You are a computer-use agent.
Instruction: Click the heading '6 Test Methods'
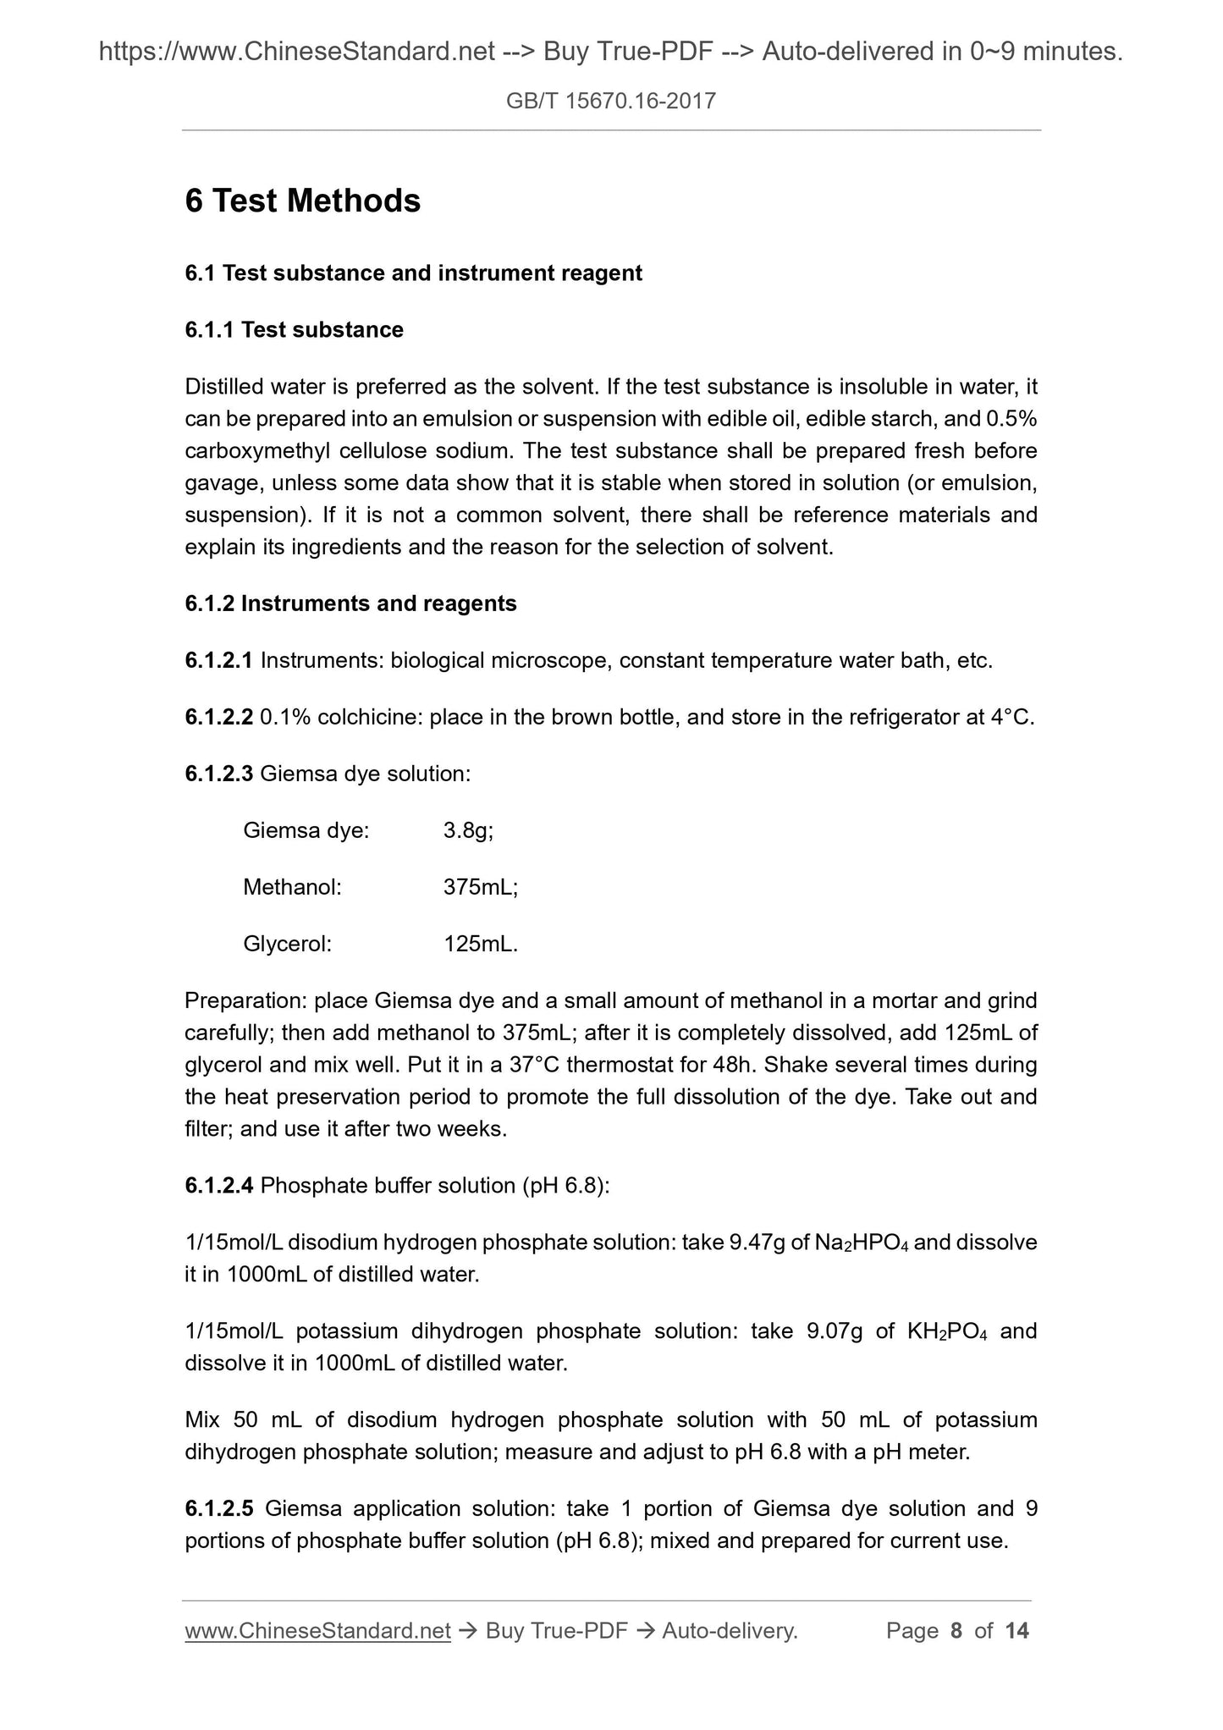pos(302,201)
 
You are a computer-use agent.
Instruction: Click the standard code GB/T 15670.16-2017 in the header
pos(610,102)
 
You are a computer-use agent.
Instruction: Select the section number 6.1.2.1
pos(218,660)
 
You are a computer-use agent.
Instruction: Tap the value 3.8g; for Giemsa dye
pos(468,830)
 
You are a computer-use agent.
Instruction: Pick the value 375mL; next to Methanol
pos(480,887)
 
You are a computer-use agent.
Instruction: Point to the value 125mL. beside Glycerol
pos(480,944)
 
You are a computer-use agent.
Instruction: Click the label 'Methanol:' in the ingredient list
pos(292,887)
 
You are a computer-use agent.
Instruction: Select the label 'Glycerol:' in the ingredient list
pos(287,944)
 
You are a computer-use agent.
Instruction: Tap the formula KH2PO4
pos(947,1331)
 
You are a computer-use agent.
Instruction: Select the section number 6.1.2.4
pos(218,1186)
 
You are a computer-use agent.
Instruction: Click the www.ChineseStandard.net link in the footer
pos(317,1631)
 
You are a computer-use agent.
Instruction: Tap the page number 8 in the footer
pos(956,1631)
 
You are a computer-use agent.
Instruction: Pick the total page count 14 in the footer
pos(1016,1631)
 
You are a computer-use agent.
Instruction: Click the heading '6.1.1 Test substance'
pos(294,330)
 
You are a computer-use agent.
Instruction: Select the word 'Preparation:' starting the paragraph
pos(245,1001)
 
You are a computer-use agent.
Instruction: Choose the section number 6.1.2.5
pos(218,1509)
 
